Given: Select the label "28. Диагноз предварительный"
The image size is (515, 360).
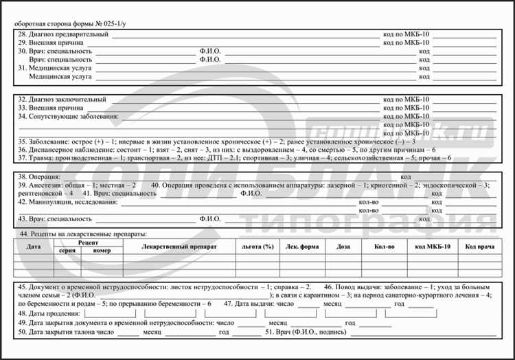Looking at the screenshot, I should tap(63, 34).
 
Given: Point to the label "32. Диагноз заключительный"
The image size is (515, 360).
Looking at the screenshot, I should tap(62, 100).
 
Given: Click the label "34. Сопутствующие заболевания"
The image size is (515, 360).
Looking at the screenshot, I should tap(68, 117).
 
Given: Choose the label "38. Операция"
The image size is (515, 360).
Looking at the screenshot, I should tap(39, 177).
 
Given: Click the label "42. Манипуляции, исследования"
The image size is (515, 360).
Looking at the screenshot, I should tap(68, 202).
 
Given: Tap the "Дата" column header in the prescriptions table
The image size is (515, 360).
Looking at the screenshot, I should tap(33, 246).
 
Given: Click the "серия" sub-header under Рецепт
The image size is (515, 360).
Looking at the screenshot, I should tap(67, 251).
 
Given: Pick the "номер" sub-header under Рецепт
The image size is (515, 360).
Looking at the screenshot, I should tap(102, 251).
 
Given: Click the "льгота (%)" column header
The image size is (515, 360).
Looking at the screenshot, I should tap(258, 246).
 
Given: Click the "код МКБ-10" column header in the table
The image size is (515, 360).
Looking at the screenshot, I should tap(433, 246).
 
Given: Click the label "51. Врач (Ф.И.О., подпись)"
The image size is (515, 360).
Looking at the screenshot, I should tap(306, 332).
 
